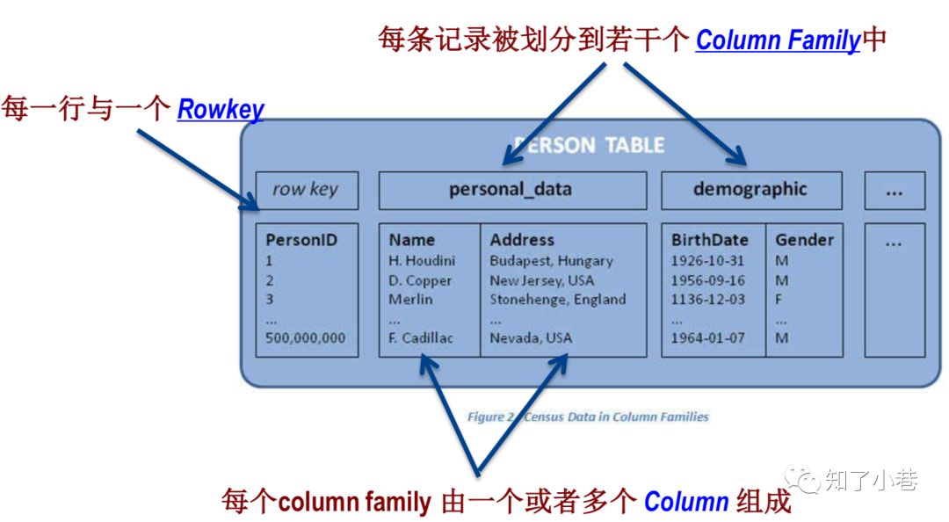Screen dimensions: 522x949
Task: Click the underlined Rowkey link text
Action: click(x=221, y=110)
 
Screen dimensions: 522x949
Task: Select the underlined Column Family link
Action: click(x=778, y=41)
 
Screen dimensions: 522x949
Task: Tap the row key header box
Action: click(x=306, y=190)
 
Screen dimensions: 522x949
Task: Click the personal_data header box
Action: click(x=511, y=190)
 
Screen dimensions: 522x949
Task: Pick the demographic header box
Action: click(x=750, y=190)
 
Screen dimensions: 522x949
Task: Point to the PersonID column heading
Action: click(x=301, y=240)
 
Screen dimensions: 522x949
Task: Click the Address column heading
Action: click(x=522, y=240)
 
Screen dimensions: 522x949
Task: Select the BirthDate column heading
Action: click(x=710, y=240)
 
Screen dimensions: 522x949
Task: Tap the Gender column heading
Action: click(x=804, y=240)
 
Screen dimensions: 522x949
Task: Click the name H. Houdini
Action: click(x=422, y=261)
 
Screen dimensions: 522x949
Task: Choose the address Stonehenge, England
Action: click(x=558, y=300)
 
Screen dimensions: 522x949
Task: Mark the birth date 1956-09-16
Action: click(x=707, y=280)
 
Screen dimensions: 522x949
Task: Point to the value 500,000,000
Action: click(x=306, y=338)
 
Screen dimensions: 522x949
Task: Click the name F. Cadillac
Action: click(x=421, y=338)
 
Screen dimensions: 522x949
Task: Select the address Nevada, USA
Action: click(x=531, y=338)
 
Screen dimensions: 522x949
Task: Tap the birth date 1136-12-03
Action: click(x=707, y=300)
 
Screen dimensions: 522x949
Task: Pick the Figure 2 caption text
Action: click(x=588, y=417)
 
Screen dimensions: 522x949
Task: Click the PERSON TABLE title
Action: click(x=590, y=146)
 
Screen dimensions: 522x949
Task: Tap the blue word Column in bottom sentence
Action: click(x=686, y=503)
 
